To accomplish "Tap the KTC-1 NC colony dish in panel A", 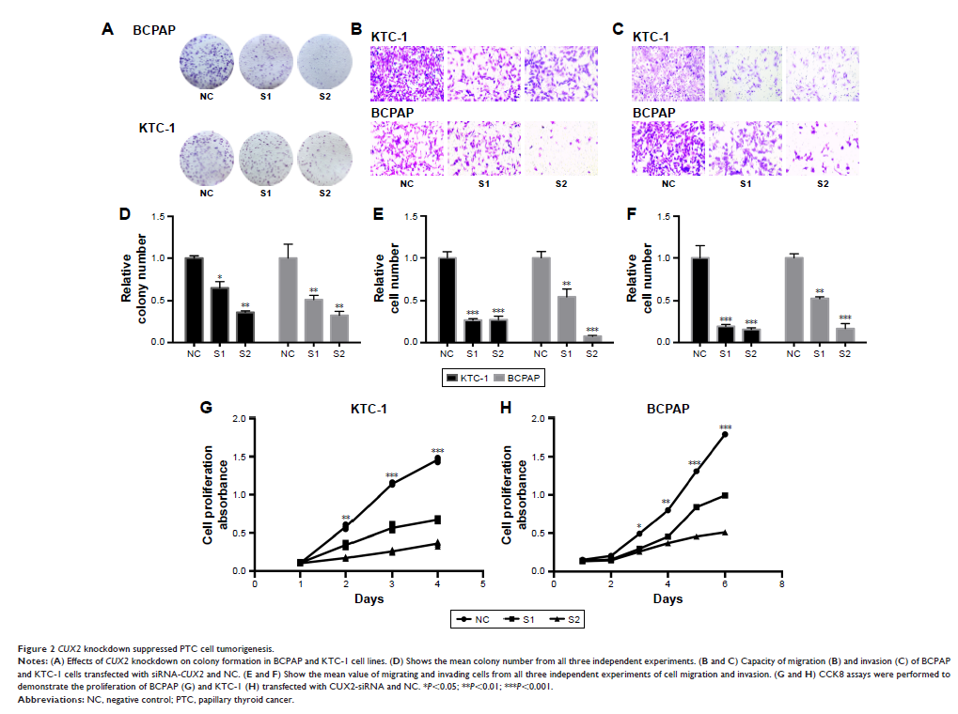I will tap(204, 156).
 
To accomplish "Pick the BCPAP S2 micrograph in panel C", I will tap(822, 146).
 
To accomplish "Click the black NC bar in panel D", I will tap(194, 300).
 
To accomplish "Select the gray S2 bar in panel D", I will tap(339, 328).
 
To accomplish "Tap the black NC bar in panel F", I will tap(699, 300).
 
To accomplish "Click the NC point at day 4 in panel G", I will tap(437, 460).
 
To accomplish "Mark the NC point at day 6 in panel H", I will tap(725, 434).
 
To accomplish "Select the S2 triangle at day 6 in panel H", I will tap(725, 532).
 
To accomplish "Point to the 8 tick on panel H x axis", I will tap(781, 582).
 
